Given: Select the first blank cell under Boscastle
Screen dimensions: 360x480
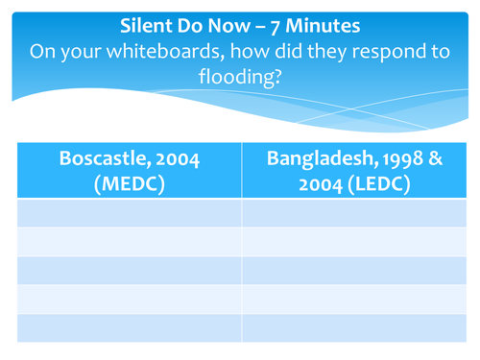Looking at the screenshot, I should (129, 212).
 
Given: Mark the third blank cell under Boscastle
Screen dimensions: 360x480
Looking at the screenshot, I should (129, 270).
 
